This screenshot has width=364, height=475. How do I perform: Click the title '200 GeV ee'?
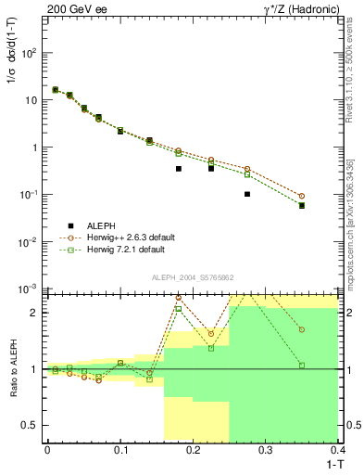coord(74,8)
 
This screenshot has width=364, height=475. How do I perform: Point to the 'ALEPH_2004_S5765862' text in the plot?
coord(192,278)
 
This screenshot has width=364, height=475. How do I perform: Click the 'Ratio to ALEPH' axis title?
coord(13,368)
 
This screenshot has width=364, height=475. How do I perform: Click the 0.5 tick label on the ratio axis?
coord(32,426)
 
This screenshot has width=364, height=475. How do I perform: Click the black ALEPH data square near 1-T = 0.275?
coord(247,194)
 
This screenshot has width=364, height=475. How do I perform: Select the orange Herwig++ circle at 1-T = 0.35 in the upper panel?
coord(302,196)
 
